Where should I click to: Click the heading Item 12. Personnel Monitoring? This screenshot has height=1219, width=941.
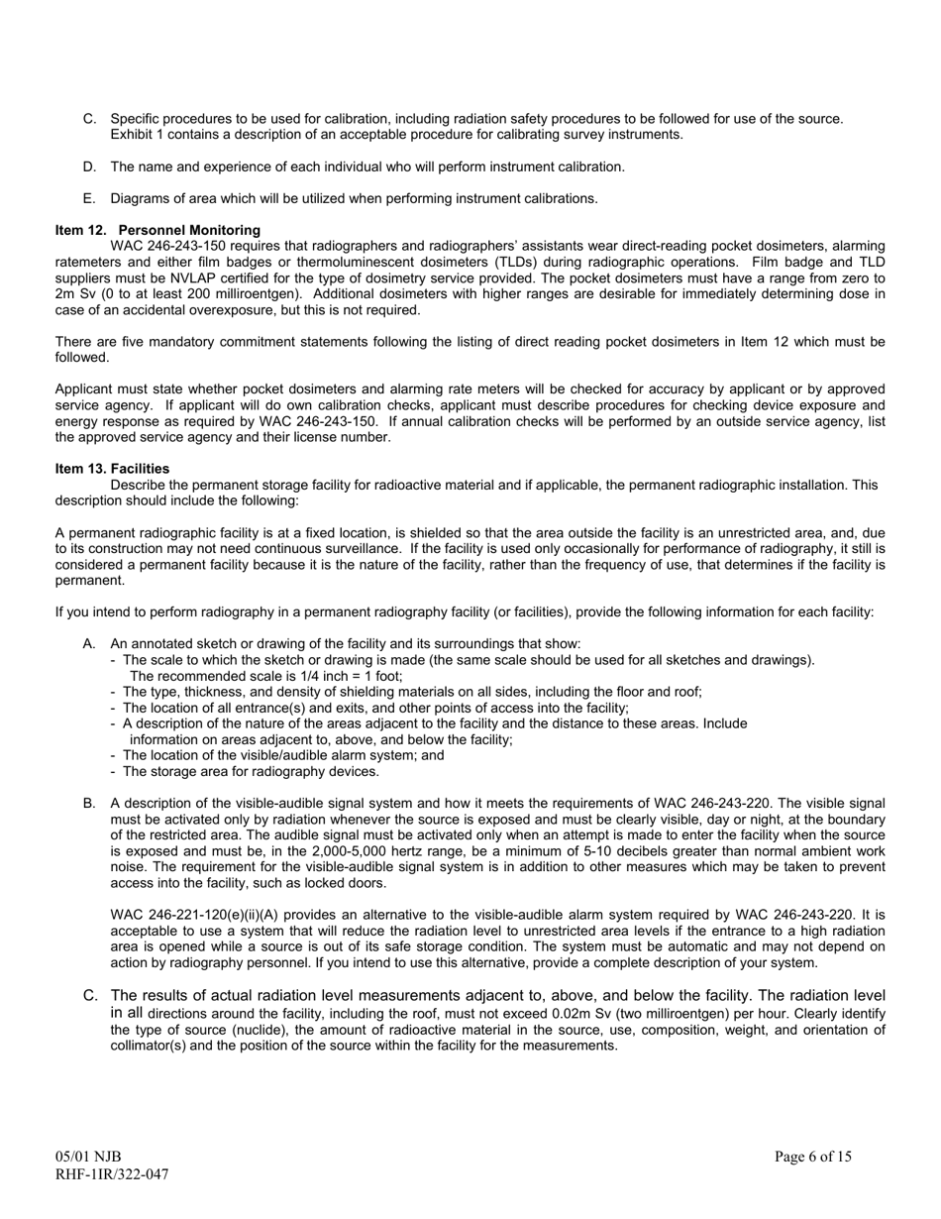157,230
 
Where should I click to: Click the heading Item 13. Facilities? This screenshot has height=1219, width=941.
112,469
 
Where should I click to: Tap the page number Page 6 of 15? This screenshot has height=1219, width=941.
812,1157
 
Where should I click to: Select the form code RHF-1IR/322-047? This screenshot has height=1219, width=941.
111,1174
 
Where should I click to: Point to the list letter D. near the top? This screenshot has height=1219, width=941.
90,166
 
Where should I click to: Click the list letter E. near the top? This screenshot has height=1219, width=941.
90,198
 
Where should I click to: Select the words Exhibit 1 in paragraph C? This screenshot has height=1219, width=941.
137,135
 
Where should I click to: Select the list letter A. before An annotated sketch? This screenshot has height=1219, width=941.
90,644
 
